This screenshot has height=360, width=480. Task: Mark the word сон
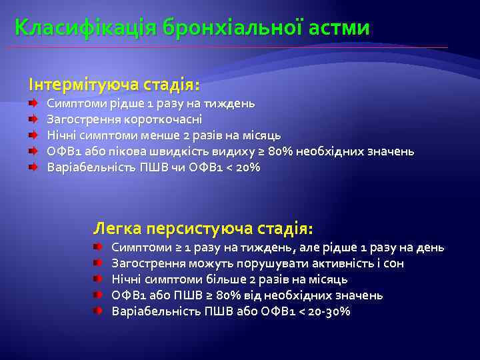[x=394, y=263]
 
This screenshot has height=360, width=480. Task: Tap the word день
[x=431, y=247]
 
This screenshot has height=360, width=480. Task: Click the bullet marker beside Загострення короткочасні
[x=32, y=119]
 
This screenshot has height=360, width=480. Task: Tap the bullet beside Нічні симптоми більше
[x=97, y=279]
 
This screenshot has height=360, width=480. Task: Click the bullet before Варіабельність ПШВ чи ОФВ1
[x=32, y=167]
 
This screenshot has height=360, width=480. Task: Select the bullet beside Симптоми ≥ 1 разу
[x=97, y=247]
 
